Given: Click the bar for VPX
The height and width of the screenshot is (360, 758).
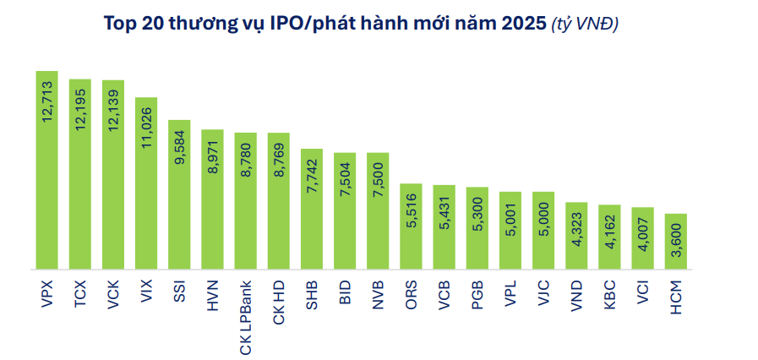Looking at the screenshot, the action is click(x=46, y=170).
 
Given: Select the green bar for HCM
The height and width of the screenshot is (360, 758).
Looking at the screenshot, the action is click(x=676, y=241).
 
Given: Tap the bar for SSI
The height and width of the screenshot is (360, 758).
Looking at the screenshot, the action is click(x=179, y=194).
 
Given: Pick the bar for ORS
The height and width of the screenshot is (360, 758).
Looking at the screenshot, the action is click(x=411, y=226).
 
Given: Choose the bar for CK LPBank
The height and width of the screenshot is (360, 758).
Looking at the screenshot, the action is click(x=246, y=200).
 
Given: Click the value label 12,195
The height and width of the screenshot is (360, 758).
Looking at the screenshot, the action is click(x=81, y=110).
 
